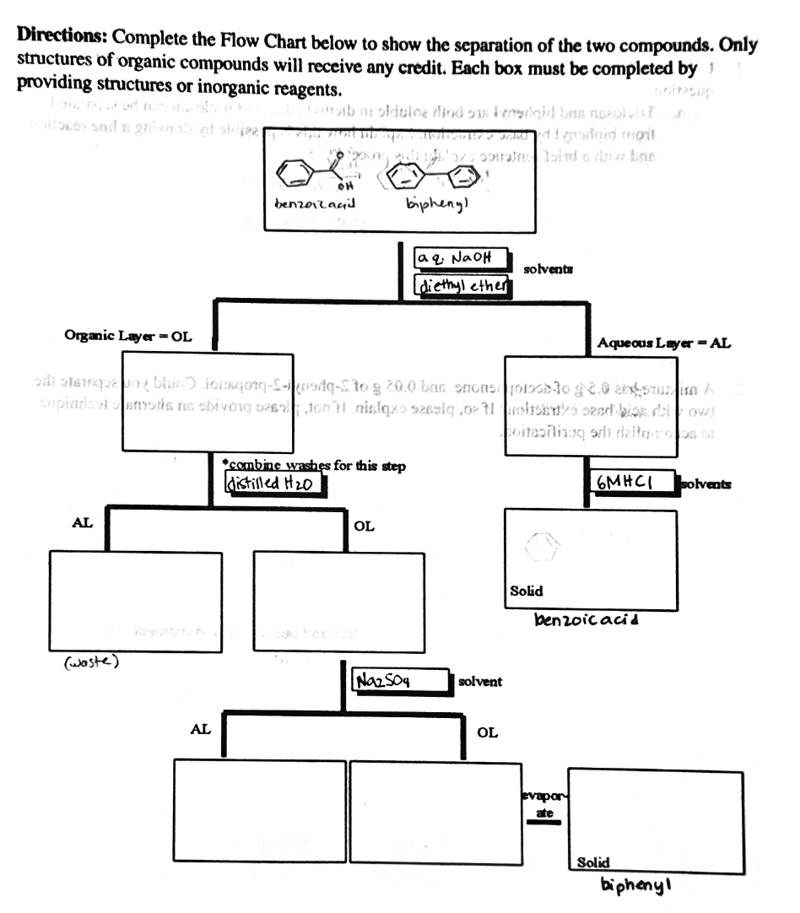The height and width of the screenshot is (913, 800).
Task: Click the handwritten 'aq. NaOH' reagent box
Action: coord(460,258)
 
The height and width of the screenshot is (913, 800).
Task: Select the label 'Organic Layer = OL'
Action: coord(128,337)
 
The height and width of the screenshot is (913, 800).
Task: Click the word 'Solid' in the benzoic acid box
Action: coord(527,591)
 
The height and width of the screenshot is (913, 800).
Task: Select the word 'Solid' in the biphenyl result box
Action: coord(594,862)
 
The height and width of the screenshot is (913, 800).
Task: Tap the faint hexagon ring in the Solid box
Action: coord(542,549)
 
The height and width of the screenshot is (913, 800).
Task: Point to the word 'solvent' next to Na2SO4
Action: coord(480,681)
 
